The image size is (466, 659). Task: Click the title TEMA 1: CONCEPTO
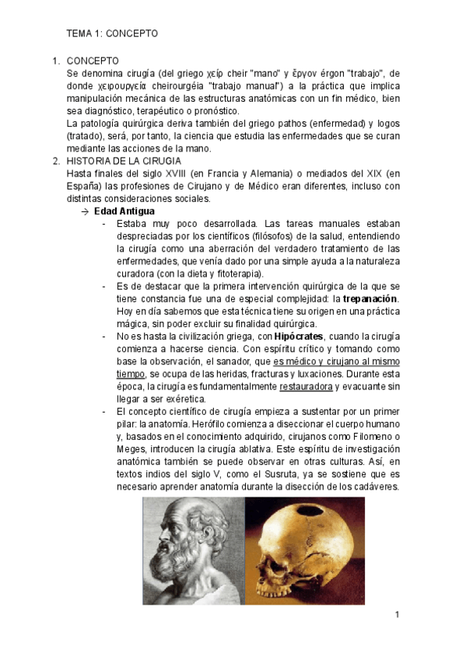[x=112, y=34]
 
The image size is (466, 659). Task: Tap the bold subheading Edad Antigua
[x=124, y=211]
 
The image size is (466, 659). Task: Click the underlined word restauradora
[x=307, y=386]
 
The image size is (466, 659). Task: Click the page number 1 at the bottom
[x=397, y=615]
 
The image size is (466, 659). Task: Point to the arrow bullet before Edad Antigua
[x=85, y=211]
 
